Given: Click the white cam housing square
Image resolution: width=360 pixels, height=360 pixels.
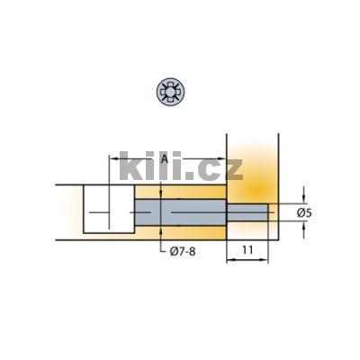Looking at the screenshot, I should click(109, 210).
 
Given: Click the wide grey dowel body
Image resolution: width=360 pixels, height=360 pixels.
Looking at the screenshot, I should click(180, 212).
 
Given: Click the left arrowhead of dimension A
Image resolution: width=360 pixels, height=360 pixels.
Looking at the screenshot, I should click(112, 160).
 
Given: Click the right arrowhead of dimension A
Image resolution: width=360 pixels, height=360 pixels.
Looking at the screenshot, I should click(222, 160).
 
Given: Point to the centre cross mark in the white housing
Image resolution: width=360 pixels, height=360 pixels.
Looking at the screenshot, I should click(109, 212).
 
